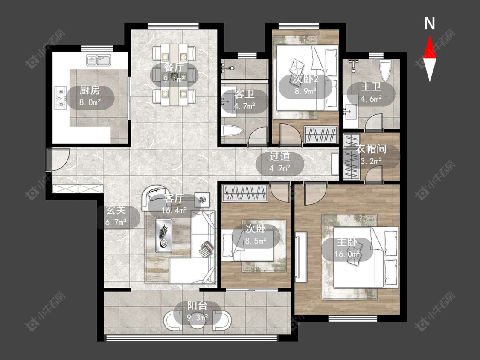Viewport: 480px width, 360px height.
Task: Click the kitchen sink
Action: pyautogui.click(x=99, y=60)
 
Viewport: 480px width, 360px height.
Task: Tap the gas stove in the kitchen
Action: pyautogui.click(x=60, y=98)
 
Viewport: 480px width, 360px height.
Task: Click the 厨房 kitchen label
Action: pyautogui.click(x=90, y=90)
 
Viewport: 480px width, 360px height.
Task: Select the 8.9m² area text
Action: pyautogui.click(x=305, y=91)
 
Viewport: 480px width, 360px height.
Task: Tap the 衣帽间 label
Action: pyautogui.click(x=371, y=149)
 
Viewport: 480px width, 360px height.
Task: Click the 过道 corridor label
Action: pyautogui.click(x=279, y=157)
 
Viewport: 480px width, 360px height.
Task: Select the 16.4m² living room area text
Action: pyautogui.click(x=175, y=210)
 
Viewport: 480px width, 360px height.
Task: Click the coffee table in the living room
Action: pyautogui.click(x=163, y=235)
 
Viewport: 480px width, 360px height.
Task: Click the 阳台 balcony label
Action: pyautogui.click(x=197, y=305)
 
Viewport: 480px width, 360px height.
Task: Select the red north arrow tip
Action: pyautogui.click(x=430, y=36)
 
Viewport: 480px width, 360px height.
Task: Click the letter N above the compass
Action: pyautogui.click(x=430, y=23)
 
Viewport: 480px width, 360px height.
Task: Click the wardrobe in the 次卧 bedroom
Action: pyautogui.click(x=244, y=193)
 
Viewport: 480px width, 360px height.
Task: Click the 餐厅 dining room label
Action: pyautogui.click(x=174, y=67)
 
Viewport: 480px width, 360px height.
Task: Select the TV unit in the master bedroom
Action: pyautogui.click(x=301, y=257)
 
